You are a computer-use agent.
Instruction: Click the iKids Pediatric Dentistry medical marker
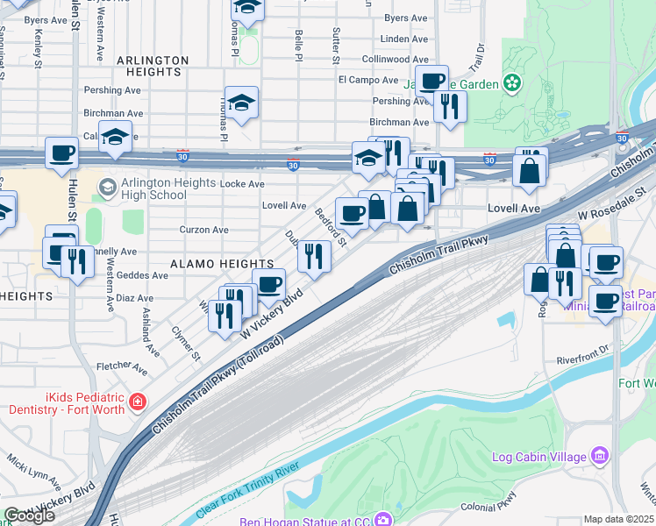tap(137, 402)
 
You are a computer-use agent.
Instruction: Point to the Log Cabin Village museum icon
tap(600, 456)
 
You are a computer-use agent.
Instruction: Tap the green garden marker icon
tap(511, 84)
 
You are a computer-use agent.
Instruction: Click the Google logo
tap(30, 515)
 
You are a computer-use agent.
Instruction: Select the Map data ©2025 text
tap(619, 519)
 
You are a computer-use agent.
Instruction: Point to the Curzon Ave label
tap(203, 230)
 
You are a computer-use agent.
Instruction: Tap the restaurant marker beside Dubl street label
tap(313, 256)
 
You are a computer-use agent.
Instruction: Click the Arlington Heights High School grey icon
tap(108, 187)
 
